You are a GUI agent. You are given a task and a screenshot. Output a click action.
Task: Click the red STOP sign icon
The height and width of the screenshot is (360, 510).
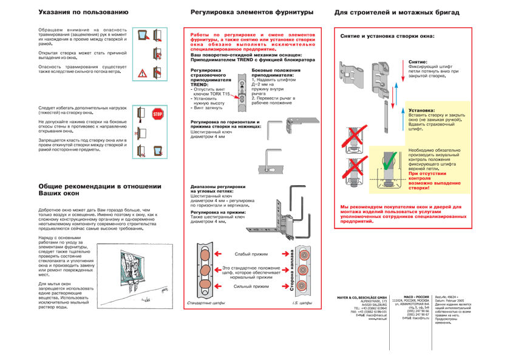tap(158, 114)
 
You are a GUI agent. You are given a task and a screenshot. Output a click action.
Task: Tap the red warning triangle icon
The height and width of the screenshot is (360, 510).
tap(142, 73)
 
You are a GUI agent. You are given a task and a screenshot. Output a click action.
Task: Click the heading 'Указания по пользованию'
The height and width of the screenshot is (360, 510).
tap(83, 12)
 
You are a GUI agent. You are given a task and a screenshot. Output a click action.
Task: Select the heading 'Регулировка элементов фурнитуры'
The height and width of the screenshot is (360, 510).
tap(252, 12)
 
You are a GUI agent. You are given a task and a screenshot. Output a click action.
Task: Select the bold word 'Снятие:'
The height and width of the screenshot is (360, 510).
tap(418, 62)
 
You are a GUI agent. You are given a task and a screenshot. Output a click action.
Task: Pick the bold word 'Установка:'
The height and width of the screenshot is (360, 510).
tap(421, 110)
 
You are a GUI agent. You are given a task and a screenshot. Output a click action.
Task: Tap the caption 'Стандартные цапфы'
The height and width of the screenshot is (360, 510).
tap(206, 302)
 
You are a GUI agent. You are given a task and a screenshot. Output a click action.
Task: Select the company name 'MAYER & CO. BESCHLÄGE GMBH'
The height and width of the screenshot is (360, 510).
tap(362, 297)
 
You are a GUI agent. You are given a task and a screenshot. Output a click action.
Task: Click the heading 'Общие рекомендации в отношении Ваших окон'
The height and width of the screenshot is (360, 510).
tap(100, 189)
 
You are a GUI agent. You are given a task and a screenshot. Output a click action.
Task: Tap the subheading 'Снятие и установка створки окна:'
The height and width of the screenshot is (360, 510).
tap(387, 36)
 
